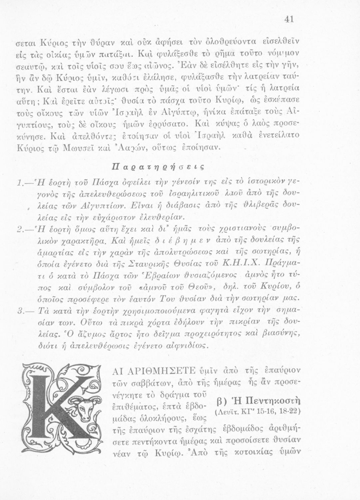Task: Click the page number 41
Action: [x=289, y=20]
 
